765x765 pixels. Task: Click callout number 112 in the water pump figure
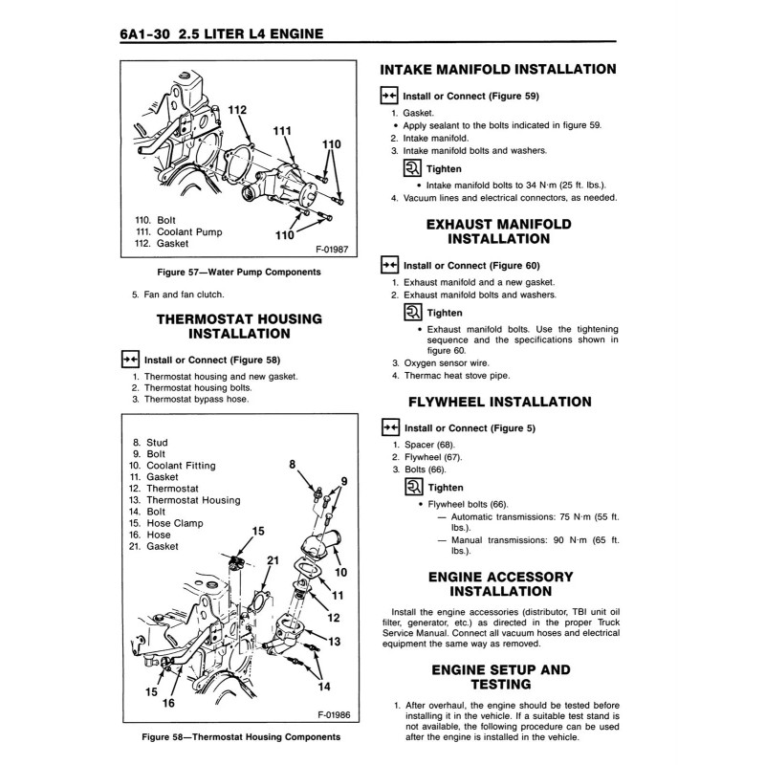(x=237, y=112)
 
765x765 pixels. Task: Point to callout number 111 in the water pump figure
(x=282, y=131)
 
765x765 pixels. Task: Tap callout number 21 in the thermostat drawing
(x=272, y=560)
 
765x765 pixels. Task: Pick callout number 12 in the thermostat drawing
(x=334, y=618)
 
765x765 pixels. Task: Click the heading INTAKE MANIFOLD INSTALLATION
(x=497, y=70)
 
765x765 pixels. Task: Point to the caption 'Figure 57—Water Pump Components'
(x=239, y=273)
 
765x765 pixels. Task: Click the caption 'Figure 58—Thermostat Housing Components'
(x=240, y=737)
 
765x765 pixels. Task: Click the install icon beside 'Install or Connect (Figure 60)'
(x=389, y=265)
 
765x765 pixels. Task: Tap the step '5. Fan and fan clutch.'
(x=178, y=295)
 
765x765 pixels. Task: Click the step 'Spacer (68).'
(x=429, y=445)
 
